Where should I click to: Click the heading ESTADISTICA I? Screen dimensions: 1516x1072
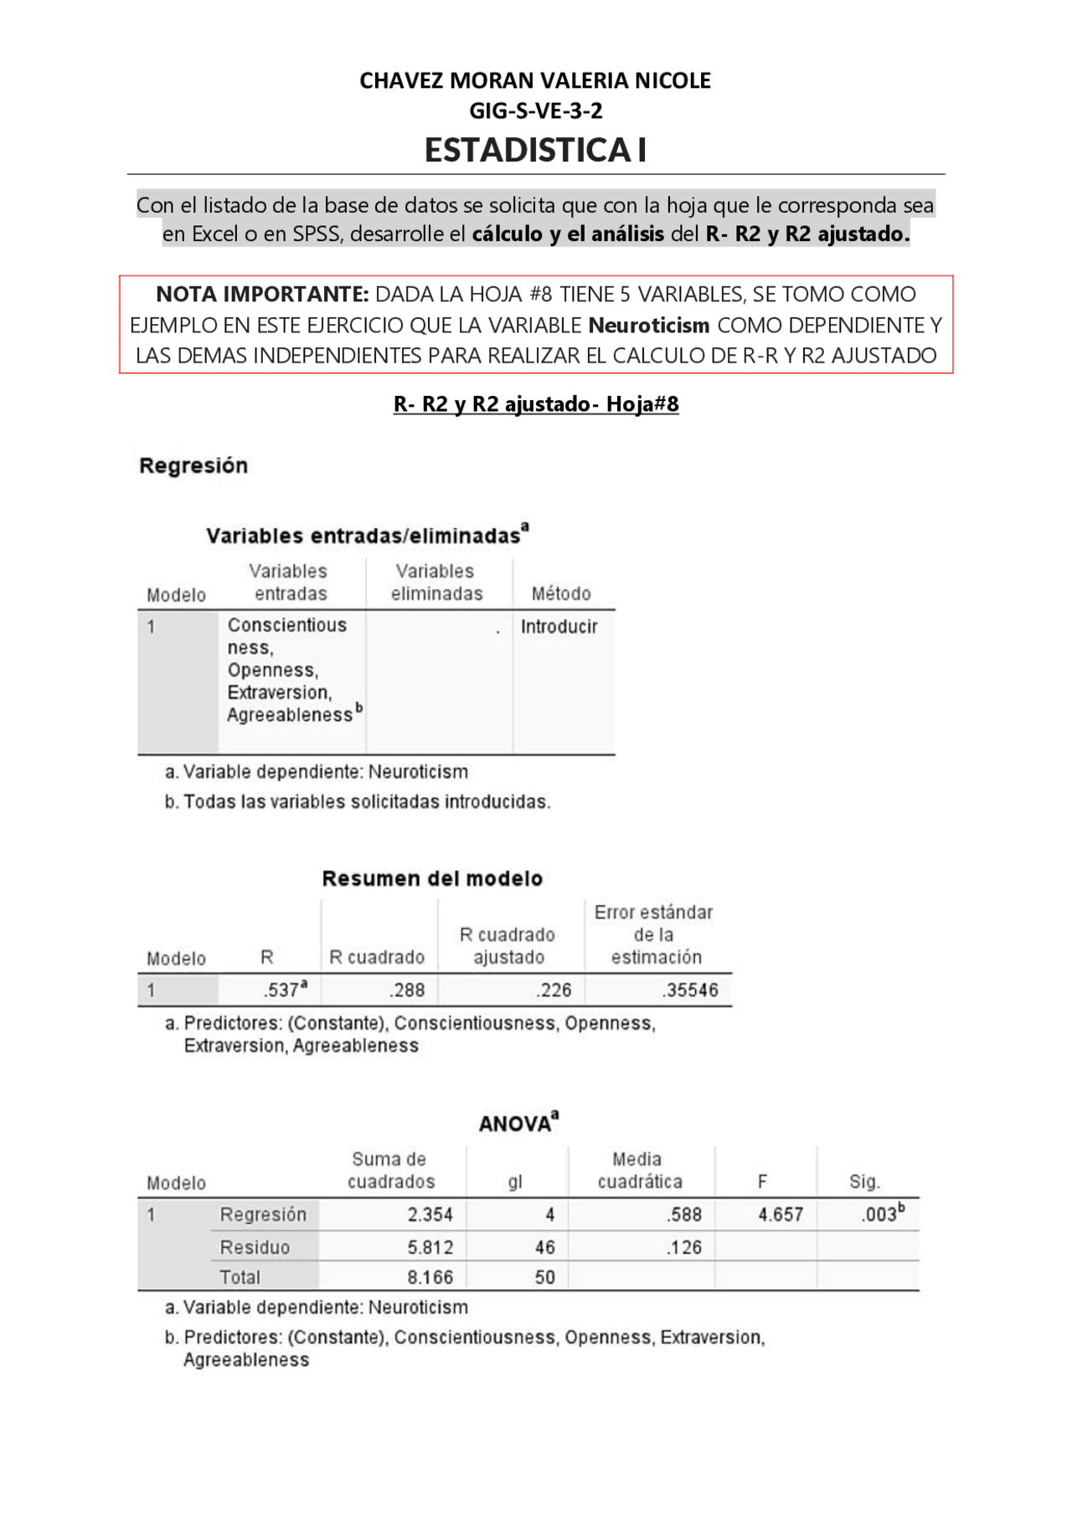pos(535,150)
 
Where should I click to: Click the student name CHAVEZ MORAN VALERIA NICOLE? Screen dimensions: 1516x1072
pos(535,80)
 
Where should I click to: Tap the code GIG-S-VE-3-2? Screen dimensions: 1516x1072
pos(535,110)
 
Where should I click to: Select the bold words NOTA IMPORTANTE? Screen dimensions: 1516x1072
pos(261,295)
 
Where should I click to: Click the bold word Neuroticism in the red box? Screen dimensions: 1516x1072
pos(649,325)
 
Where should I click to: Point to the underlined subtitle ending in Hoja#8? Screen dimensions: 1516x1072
pos(535,404)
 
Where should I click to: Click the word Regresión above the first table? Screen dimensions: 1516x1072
pos(193,465)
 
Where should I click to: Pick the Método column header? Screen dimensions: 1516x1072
pos(561,594)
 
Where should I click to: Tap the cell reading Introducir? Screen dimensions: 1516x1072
pos(559,626)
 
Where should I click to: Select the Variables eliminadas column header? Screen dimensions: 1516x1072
pos(436,583)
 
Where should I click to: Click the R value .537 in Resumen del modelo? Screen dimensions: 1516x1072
pos(282,989)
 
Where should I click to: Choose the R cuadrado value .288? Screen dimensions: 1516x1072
pos(407,989)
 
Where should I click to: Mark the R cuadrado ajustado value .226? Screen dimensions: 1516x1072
pos(554,989)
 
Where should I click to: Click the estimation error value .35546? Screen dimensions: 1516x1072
pos(690,989)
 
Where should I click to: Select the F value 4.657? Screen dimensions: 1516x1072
pos(781,1214)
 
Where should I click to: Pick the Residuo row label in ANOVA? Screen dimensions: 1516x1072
pos(255,1247)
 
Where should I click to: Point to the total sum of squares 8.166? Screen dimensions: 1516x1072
pos(430,1277)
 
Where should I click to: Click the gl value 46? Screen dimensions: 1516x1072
pos(545,1247)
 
